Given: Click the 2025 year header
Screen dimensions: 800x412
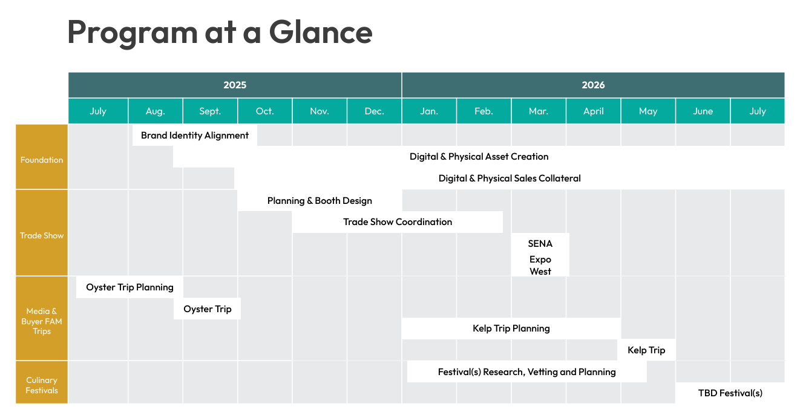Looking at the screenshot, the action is tap(235, 85).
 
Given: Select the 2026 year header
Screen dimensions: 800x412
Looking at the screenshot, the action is tap(593, 85).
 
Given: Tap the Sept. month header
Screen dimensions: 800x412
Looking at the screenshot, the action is tap(210, 111).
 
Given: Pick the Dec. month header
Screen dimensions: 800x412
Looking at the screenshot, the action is tap(375, 111).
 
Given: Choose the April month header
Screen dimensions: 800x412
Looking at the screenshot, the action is tap(593, 111).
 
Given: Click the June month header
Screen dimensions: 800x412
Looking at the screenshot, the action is tap(703, 111).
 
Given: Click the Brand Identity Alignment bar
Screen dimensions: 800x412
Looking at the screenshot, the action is tap(195, 136).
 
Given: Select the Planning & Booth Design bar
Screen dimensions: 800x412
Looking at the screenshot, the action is tap(320, 201).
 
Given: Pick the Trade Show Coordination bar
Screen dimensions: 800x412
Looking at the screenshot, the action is tap(398, 222).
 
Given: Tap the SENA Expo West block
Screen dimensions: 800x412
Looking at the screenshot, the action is tap(540, 255).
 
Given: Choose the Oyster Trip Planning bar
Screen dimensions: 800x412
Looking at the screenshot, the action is tap(130, 287).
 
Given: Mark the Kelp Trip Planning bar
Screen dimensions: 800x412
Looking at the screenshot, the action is tap(511, 329).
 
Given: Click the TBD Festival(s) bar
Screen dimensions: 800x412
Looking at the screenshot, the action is tap(730, 393).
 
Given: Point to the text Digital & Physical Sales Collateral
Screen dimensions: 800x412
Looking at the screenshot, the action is tap(510, 178).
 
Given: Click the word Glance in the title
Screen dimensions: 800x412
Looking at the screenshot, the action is tap(321, 32).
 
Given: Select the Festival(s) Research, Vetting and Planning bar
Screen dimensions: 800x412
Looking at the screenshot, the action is tap(527, 372).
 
